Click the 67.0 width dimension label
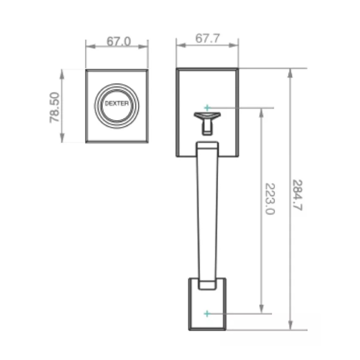click(119, 41)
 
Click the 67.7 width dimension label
click(208, 39)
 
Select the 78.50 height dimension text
click(55, 107)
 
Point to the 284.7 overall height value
click(297, 195)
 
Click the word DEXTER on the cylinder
click(117, 103)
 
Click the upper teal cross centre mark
click(207, 107)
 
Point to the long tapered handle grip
click(207, 210)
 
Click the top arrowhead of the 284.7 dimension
click(290, 73)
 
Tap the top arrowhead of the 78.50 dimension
click(62, 74)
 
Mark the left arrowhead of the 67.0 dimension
click(90, 46)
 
